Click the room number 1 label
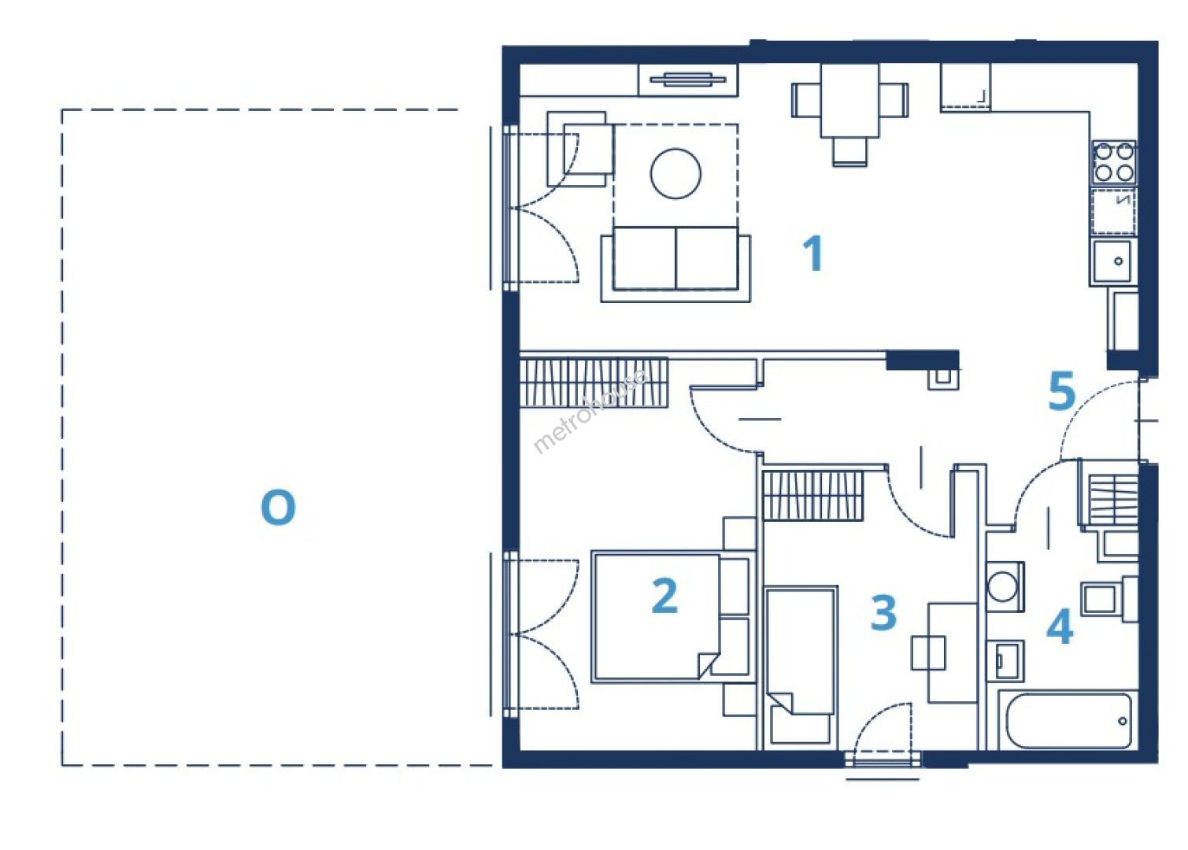[813, 253]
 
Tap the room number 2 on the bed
[664, 596]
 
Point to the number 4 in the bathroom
[1060, 626]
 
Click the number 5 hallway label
[1062, 391]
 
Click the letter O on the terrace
[278, 508]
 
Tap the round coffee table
[675, 173]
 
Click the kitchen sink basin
[1111, 261]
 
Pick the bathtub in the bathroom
[1068, 721]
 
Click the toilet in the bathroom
[1109, 599]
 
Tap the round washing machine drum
[1002, 586]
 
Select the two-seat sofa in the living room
[675, 264]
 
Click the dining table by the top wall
[849, 100]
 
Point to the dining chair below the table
[849, 152]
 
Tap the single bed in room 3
[801, 667]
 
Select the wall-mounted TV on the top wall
[687, 79]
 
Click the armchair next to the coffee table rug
[580, 149]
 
